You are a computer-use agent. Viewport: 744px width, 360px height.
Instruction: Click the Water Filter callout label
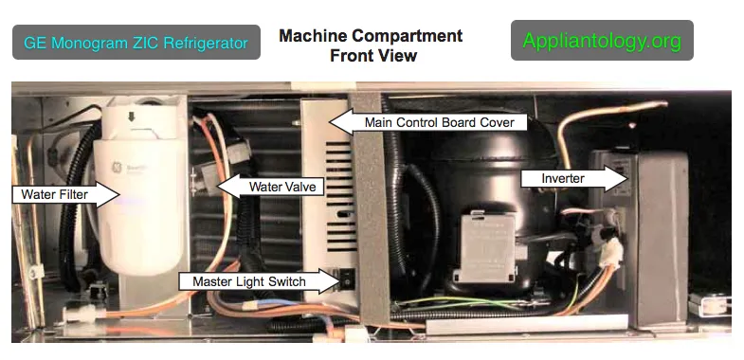65,194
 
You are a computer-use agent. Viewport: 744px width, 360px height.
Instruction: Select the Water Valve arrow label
270,186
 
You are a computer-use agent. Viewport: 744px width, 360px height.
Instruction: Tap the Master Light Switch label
258,281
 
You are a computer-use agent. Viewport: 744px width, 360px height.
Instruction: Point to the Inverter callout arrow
574,178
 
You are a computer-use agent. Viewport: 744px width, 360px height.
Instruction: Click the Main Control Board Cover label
428,122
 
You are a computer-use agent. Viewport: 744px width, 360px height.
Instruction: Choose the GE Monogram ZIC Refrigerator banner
136,43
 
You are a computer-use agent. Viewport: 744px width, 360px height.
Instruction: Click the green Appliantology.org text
602,41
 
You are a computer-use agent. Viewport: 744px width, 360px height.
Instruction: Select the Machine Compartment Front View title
371,45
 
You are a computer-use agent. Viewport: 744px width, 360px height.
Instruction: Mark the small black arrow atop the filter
132,117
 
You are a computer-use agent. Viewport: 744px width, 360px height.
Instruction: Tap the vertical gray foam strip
372,208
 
